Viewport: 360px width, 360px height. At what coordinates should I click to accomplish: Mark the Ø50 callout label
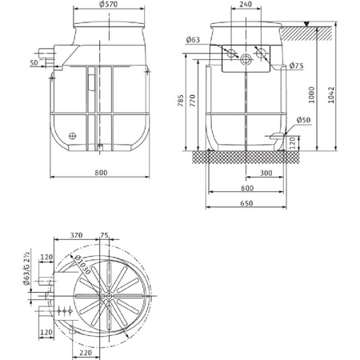(x=303, y=121)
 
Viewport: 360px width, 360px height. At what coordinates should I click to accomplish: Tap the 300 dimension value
(x=266, y=172)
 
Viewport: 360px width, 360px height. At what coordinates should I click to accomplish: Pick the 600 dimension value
(x=247, y=188)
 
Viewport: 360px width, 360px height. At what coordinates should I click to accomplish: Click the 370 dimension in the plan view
(x=77, y=236)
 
